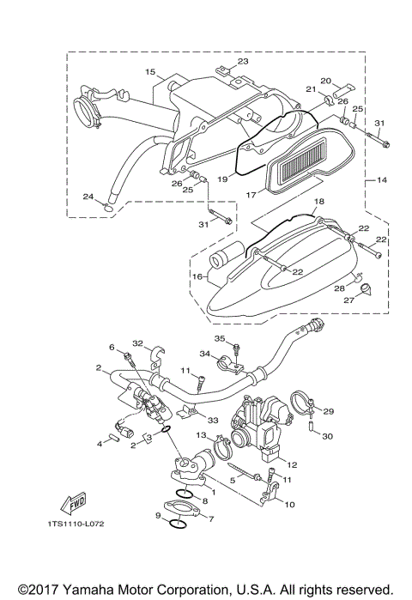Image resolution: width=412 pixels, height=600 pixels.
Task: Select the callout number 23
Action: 242,61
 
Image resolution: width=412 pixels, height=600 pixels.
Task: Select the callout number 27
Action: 349,300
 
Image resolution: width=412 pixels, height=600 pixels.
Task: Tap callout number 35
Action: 220,338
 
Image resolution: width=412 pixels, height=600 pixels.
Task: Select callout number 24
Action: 88,197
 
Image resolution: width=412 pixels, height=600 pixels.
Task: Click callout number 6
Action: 112,347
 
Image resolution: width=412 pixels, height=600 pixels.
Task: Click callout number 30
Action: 326,436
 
